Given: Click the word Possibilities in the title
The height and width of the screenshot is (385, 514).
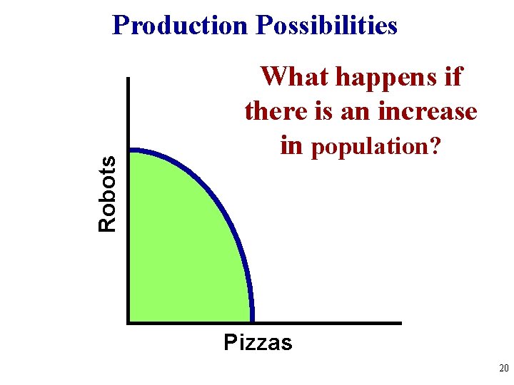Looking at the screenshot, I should coord(326,26).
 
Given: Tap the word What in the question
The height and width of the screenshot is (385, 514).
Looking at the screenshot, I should coord(295,76).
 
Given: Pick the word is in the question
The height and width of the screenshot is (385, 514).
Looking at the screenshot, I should coord(317,111).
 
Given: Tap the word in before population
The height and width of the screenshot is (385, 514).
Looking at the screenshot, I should coord(292,145).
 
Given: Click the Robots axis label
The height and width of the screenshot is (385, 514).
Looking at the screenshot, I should coord(108,192).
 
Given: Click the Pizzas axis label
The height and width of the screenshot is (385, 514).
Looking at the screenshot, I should coord(258,343).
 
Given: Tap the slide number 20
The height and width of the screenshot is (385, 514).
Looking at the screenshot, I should coord(503,369).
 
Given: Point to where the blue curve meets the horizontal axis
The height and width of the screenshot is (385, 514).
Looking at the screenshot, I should coord(251,321).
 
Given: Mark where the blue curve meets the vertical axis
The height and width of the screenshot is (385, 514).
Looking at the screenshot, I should coord(130,150).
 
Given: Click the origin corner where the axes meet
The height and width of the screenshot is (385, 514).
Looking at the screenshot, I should coord(128,322).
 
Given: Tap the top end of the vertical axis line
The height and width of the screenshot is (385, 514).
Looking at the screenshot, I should coord(128,78).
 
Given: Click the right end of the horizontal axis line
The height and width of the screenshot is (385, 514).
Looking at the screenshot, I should coord(400,322).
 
